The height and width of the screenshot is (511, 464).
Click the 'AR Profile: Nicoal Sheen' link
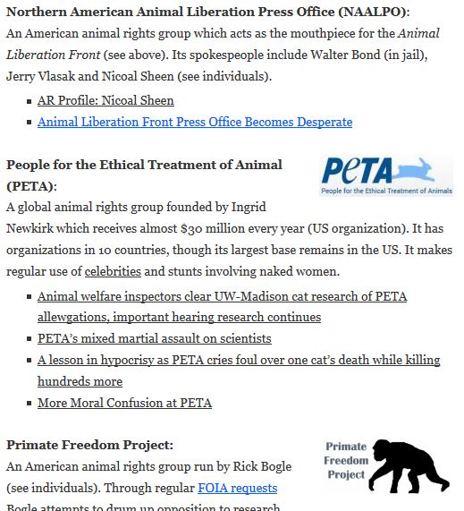coord(105,100)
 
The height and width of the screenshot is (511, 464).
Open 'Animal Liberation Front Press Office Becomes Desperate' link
coord(195,122)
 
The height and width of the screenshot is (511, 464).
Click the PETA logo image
coord(385,176)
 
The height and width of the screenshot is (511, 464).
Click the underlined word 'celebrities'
coord(113,271)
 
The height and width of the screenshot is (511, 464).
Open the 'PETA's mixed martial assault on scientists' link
coord(154,338)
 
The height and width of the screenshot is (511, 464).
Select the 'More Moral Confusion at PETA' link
coord(124,403)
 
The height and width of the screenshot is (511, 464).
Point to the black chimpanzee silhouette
coord(408,465)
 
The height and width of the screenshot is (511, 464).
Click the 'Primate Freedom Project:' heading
coord(89,445)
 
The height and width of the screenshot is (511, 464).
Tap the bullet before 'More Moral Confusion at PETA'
coord(30,404)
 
